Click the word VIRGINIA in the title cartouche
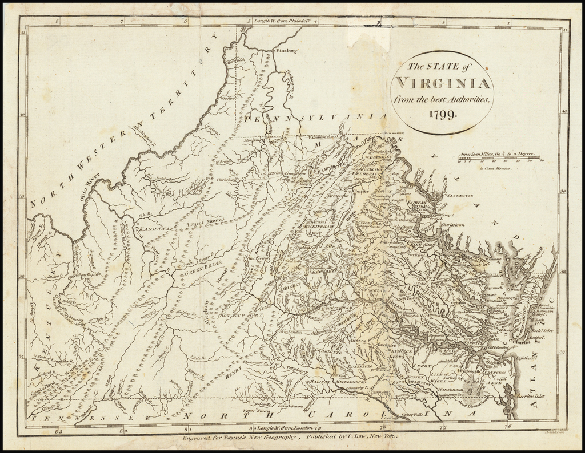tap(441, 83)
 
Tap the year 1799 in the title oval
tap(440, 115)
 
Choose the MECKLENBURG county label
tap(348, 382)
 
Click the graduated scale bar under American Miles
tap(502, 160)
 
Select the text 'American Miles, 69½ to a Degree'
tap(497, 154)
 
